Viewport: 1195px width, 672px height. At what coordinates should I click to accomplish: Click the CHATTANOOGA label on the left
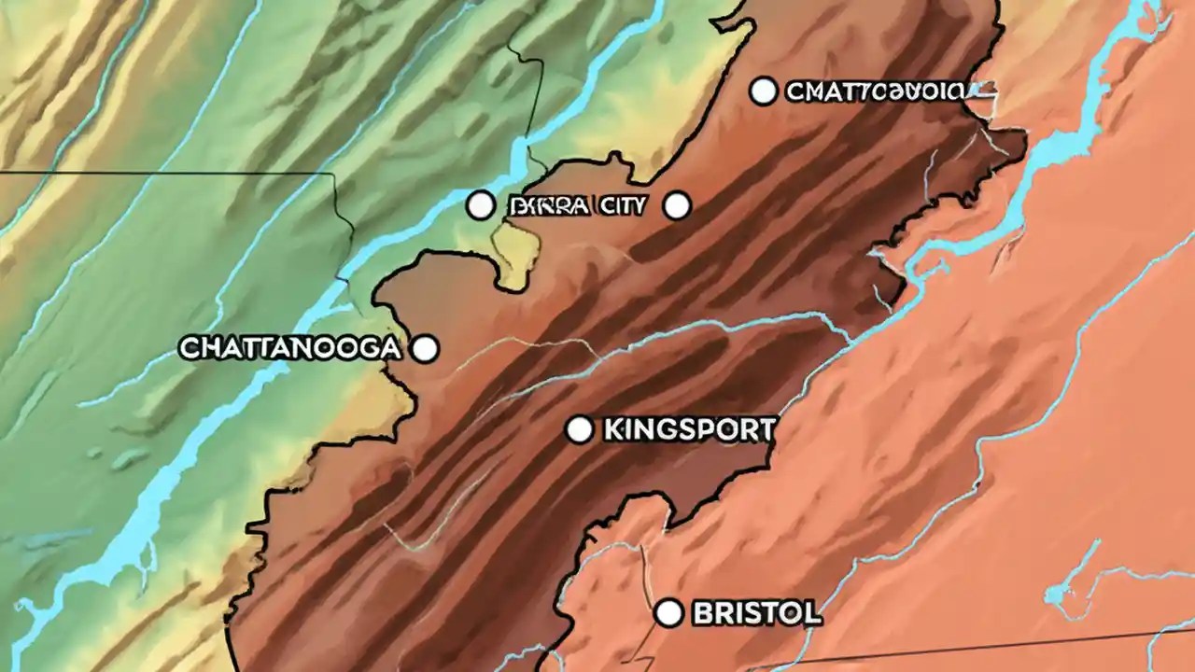tap(289, 349)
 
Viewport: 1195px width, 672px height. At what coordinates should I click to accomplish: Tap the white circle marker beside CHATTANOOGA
tap(425, 349)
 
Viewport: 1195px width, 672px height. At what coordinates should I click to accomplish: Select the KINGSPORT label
tap(689, 430)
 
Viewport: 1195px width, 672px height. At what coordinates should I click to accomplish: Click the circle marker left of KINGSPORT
tap(579, 429)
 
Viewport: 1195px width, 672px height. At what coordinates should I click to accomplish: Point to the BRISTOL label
tap(757, 613)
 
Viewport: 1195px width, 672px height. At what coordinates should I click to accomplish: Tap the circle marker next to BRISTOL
tap(668, 613)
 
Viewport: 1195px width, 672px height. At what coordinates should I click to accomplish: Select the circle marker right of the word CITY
tap(676, 205)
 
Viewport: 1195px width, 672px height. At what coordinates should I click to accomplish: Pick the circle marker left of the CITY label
tap(480, 205)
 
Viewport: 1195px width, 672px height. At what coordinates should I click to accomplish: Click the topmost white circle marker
tap(764, 91)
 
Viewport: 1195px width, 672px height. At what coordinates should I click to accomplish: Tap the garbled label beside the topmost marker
tap(874, 91)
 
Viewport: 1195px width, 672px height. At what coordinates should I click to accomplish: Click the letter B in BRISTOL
tap(702, 613)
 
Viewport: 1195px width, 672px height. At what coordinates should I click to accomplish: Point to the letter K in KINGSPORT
tap(613, 430)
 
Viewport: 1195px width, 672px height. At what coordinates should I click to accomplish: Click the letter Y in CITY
tap(638, 206)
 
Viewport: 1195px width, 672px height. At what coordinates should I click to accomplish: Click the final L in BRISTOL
tap(814, 613)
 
